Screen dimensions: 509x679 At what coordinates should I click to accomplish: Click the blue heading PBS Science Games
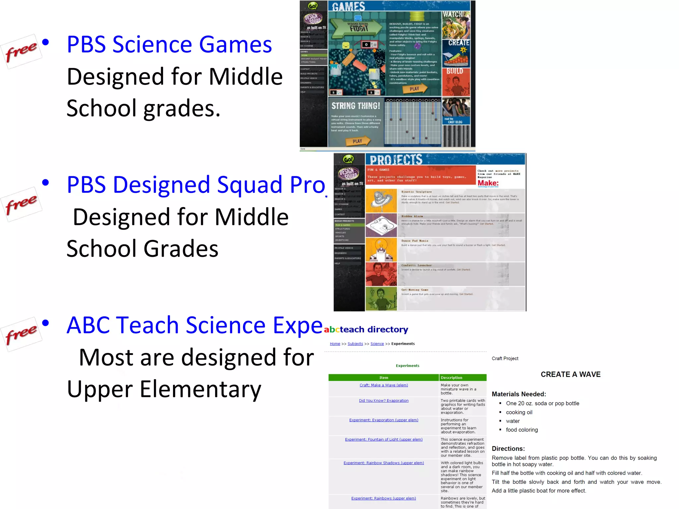(x=169, y=44)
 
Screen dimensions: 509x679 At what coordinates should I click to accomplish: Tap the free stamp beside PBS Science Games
(x=22, y=51)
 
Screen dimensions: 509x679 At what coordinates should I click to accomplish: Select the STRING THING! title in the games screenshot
(x=356, y=106)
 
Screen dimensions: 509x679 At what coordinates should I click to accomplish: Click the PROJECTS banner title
(x=396, y=160)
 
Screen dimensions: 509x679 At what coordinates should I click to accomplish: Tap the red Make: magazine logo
(x=488, y=183)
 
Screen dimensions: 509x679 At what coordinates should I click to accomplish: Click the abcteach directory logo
(x=366, y=329)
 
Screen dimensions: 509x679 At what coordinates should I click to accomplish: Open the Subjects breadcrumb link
(x=355, y=344)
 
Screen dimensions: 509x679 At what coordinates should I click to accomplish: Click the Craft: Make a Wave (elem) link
(x=384, y=385)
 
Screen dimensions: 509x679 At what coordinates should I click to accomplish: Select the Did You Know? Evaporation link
(x=384, y=401)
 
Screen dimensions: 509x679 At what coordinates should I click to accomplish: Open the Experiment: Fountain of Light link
(x=384, y=439)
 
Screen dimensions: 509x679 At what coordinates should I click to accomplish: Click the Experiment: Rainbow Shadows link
(x=384, y=463)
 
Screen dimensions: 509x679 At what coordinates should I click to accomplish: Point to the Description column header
(x=452, y=378)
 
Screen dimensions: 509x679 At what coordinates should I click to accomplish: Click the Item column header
(x=384, y=378)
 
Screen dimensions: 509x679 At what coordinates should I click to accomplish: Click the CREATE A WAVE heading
(x=571, y=374)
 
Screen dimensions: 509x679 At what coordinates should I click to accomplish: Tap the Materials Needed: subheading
(x=519, y=394)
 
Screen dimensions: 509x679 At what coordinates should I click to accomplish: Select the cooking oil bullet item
(x=519, y=412)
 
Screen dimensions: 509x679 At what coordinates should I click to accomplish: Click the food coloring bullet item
(x=522, y=430)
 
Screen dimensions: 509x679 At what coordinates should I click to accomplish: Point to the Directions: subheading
(x=508, y=449)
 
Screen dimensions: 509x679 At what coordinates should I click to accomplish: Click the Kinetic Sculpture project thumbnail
(x=381, y=201)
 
